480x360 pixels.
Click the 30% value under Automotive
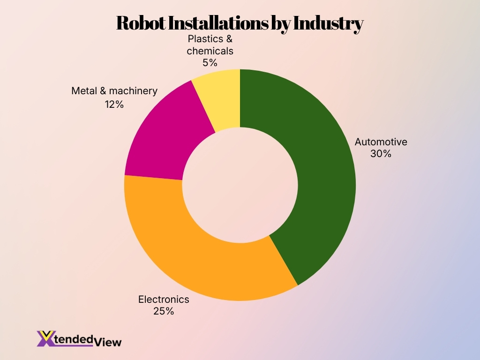coord(380,153)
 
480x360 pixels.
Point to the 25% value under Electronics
coord(163,311)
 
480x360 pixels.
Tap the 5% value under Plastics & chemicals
coord(210,62)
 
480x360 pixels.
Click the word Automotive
coord(381,142)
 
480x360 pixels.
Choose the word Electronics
coord(163,299)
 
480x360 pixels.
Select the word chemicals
coord(210,51)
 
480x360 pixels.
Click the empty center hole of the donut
coord(240,185)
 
